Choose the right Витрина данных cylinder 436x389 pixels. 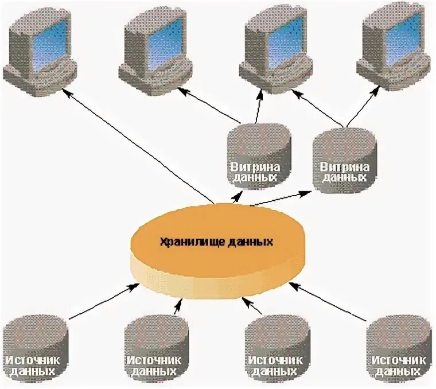346,161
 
